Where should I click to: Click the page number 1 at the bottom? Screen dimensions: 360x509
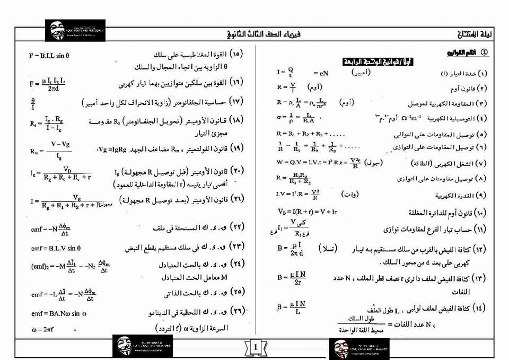pos(255,348)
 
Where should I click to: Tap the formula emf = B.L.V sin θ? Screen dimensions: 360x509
pos(56,248)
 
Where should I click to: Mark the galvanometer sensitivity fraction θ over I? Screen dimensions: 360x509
pos(33,102)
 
